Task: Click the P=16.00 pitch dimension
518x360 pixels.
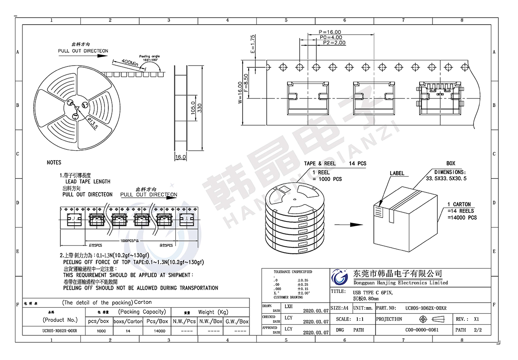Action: [330, 32]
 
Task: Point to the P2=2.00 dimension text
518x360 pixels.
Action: [334, 43]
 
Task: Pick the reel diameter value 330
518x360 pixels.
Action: [200, 108]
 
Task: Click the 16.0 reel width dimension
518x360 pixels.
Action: [180, 157]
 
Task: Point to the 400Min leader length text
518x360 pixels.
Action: [129, 63]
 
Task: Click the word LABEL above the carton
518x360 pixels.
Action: [397, 174]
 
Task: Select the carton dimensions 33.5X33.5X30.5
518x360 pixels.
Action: [446, 178]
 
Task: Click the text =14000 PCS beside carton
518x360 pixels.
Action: [462, 218]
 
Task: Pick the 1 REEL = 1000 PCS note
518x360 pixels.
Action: [327, 176]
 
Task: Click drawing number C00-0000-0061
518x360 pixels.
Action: [422, 330]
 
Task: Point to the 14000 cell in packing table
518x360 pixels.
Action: [159, 331]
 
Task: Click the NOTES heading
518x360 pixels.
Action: [54, 163]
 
